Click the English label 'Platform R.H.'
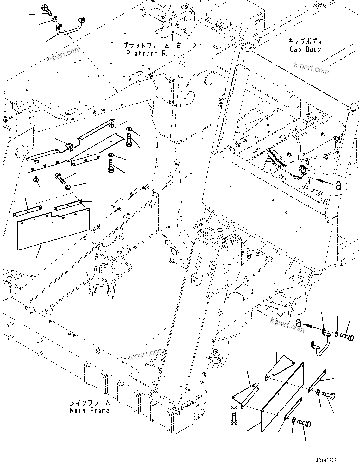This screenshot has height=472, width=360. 151,54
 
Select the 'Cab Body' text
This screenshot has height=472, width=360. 305,50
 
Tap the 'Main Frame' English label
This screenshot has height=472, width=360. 90,411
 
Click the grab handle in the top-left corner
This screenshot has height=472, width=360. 70,27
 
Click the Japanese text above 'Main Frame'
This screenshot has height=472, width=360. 90,403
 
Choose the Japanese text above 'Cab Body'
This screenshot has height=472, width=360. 305,41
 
